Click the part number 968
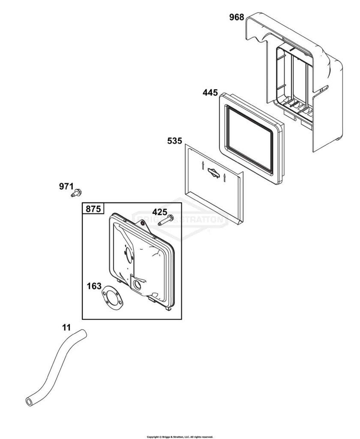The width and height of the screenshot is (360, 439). tap(237, 17)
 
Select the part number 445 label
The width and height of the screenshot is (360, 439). tap(210, 93)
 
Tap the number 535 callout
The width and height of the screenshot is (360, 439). tap(175, 141)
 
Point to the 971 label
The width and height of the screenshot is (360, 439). tap(66, 186)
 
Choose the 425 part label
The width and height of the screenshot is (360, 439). tap(160, 212)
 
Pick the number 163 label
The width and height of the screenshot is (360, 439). tap(94, 286)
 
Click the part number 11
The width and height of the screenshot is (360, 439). tap(66, 328)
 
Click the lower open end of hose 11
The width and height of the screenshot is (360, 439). tap(29, 401)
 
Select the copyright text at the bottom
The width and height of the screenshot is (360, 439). tap(180, 437)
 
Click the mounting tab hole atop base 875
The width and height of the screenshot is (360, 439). tap(143, 223)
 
